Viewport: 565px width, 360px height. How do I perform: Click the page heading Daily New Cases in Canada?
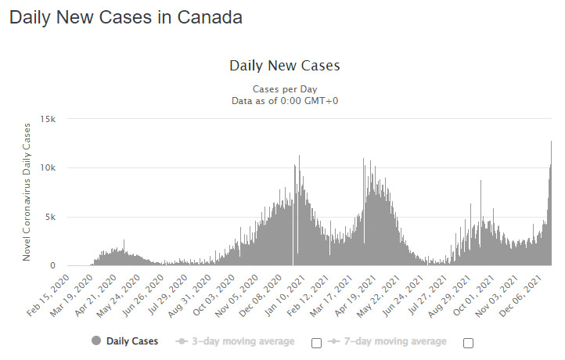point(126,17)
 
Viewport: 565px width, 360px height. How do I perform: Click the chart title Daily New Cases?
point(285,66)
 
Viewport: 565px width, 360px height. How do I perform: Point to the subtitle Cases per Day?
point(285,89)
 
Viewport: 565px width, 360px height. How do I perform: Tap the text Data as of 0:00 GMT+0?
point(285,100)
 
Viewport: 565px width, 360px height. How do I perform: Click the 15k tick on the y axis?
point(48,119)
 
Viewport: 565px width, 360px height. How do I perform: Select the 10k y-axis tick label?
point(48,167)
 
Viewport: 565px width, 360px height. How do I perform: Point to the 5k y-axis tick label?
point(50,217)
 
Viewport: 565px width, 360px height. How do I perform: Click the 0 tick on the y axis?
point(53,265)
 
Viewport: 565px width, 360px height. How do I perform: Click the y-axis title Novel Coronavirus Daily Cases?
point(27,192)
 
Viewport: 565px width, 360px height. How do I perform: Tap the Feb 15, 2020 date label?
point(49,296)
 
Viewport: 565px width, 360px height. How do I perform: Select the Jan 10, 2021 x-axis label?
point(285,296)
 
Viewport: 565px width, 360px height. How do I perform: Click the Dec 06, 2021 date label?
point(520,296)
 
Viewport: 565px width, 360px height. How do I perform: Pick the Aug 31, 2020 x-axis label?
point(190,296)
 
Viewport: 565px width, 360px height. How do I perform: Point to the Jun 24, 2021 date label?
point(402,296)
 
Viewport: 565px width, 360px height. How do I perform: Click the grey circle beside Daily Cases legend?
point(96,340)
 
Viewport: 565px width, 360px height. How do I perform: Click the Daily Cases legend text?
point(132,341)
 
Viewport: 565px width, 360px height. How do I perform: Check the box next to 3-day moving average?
point(316,343)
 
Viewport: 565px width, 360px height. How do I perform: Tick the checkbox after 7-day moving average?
point(468,343)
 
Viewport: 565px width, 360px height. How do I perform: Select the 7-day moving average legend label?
point(395,341)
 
